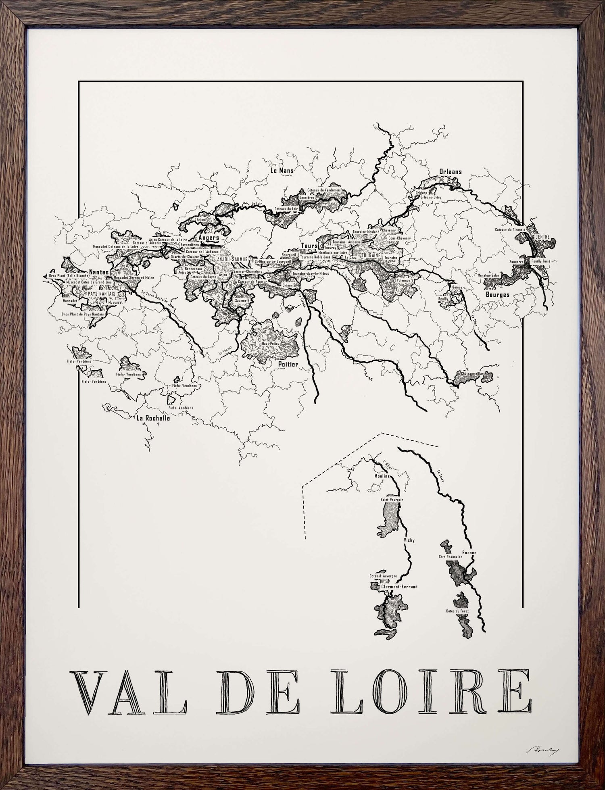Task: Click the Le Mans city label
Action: point(282,170)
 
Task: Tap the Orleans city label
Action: point(450,171)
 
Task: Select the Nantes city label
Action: point(99,272)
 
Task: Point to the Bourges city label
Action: point(497,294)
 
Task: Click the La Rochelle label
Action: point(153,418)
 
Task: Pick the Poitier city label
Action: point(288,364)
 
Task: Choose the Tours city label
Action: point(309,246)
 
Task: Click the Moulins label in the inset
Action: point(382,476)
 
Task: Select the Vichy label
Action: point(409,540)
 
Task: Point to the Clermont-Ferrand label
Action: point(399,587)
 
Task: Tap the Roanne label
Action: point(469,552)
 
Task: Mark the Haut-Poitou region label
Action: point(271,342)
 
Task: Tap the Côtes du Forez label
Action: point(457,623)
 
